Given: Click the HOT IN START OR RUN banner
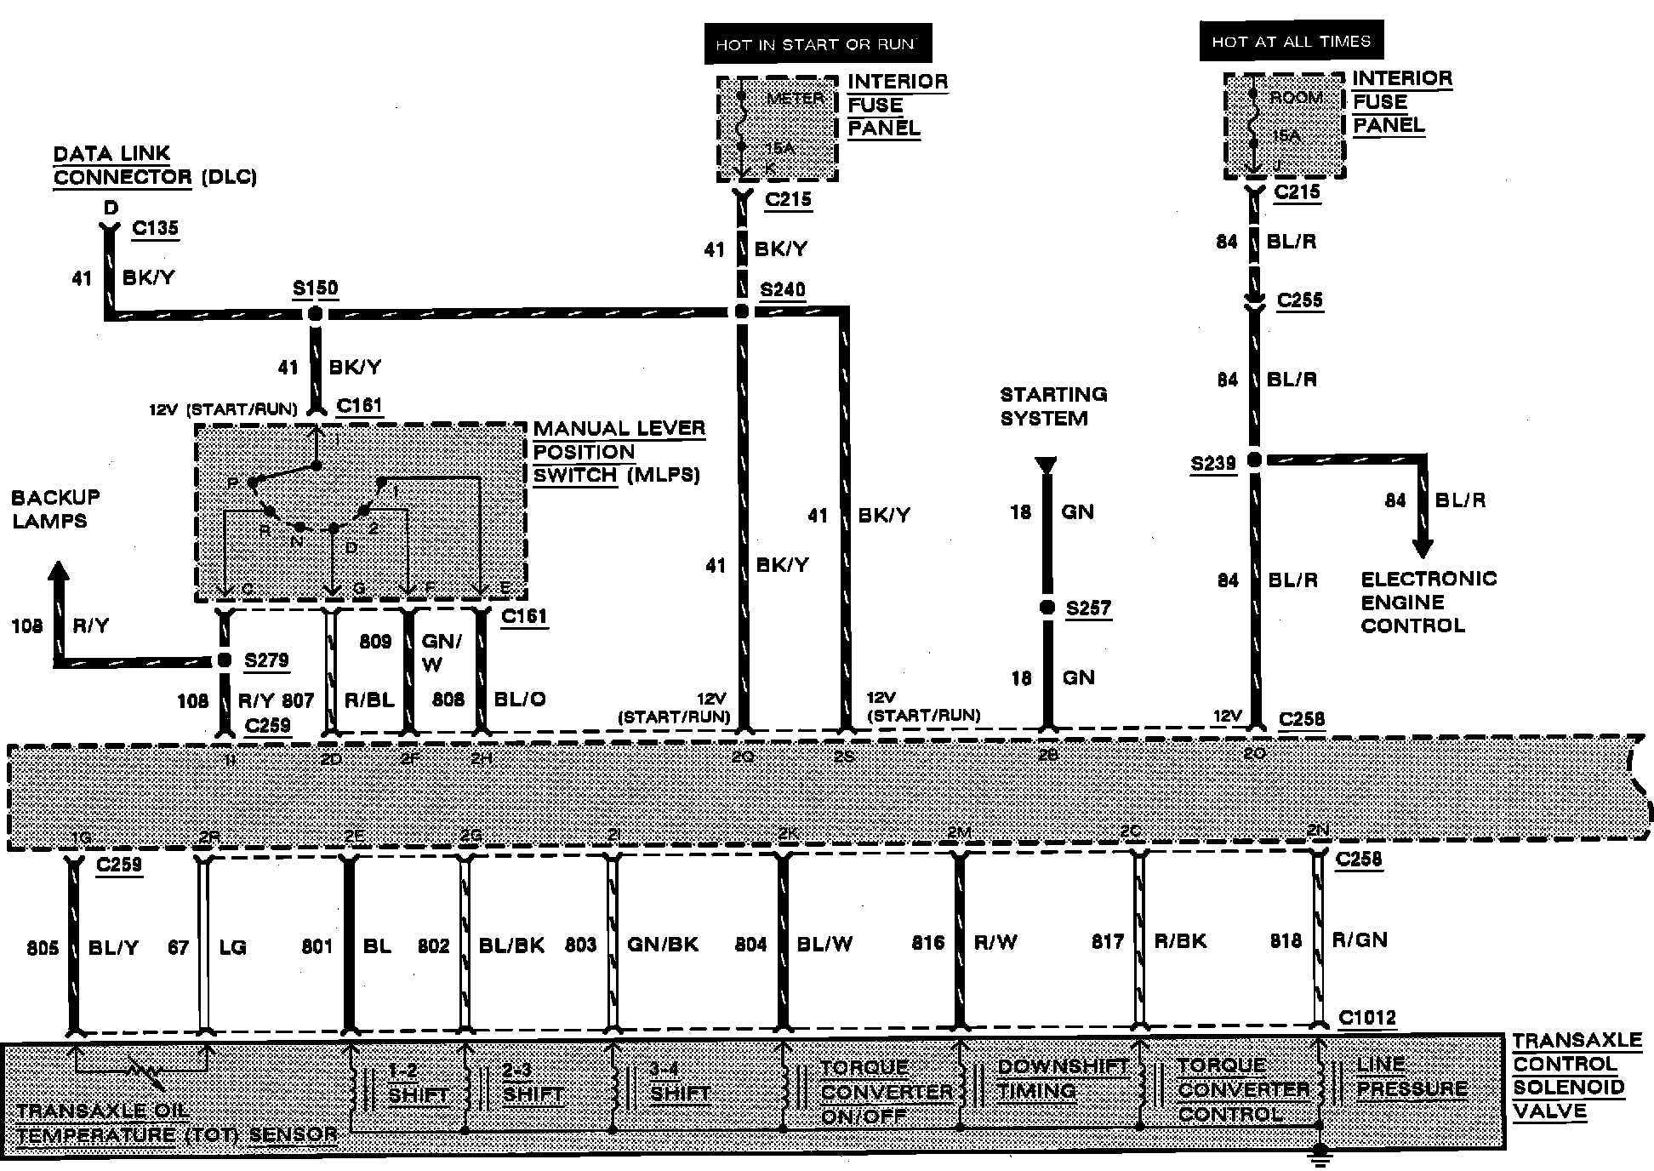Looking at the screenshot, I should (818, 44).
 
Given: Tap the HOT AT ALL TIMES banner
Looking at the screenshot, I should (1291, 42).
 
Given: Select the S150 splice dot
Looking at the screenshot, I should (315, 313).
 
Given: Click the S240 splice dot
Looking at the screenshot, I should (742, 311).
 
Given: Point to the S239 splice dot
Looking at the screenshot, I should (1254, 460).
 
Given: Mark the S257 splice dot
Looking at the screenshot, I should (1047, 608).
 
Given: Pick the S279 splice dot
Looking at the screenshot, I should (225, 660).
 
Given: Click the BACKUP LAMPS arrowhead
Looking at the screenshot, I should (58, 572).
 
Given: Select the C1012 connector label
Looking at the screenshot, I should (1366, 1018).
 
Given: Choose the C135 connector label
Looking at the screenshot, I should (156, 228).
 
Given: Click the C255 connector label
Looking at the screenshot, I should (1300, 300).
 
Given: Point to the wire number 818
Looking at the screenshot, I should (1286, 940).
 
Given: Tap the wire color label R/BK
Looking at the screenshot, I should (1180, 941).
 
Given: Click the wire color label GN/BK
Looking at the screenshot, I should (663, 944).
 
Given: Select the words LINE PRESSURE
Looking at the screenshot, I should (1412, 1077).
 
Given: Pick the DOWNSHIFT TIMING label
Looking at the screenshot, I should (1062, 1078).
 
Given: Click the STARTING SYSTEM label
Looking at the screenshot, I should (1053, 406).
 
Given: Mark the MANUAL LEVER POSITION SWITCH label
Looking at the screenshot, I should (619, 451).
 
